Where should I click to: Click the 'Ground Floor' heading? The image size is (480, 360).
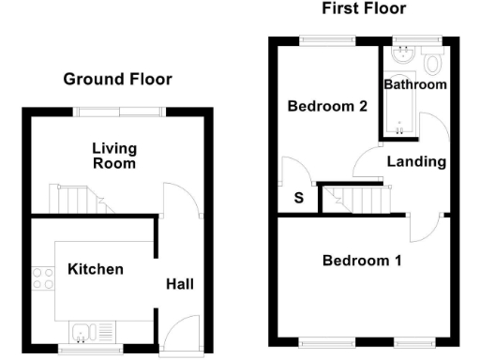pos(117,79)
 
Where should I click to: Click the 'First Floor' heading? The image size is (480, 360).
pos(364,9)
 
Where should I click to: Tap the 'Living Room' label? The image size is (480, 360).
pos(114,156)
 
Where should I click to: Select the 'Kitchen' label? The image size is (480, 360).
pos(96,269)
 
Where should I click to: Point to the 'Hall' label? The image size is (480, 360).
pos(180,283)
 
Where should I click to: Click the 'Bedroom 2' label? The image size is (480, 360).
pos(326,106)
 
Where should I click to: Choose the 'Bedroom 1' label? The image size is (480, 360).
pos(362,260)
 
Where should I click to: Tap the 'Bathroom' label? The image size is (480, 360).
pos(414,85)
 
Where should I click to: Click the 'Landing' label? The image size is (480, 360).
pos(416,161)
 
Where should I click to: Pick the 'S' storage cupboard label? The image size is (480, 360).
pos(299,198)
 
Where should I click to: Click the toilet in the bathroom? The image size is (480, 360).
pos(432,64)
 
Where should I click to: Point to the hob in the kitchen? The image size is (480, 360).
pos(43,278)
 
